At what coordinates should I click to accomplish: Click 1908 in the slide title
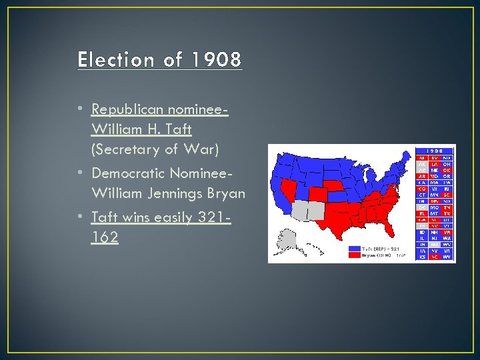click(215, 60)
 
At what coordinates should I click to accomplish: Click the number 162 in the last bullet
click(105, 237)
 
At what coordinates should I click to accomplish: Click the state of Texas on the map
click(333, 223)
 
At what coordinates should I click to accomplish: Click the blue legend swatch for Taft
click(354, 247)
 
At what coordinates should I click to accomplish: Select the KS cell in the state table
click(421, 256)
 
